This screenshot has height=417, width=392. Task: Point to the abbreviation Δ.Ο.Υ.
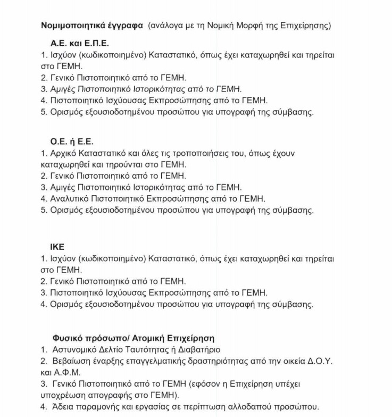[x=321, y=362]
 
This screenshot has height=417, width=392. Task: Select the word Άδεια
[x=63, y=407]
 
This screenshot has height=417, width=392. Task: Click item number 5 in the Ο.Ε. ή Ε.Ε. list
[x=44, y=210]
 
